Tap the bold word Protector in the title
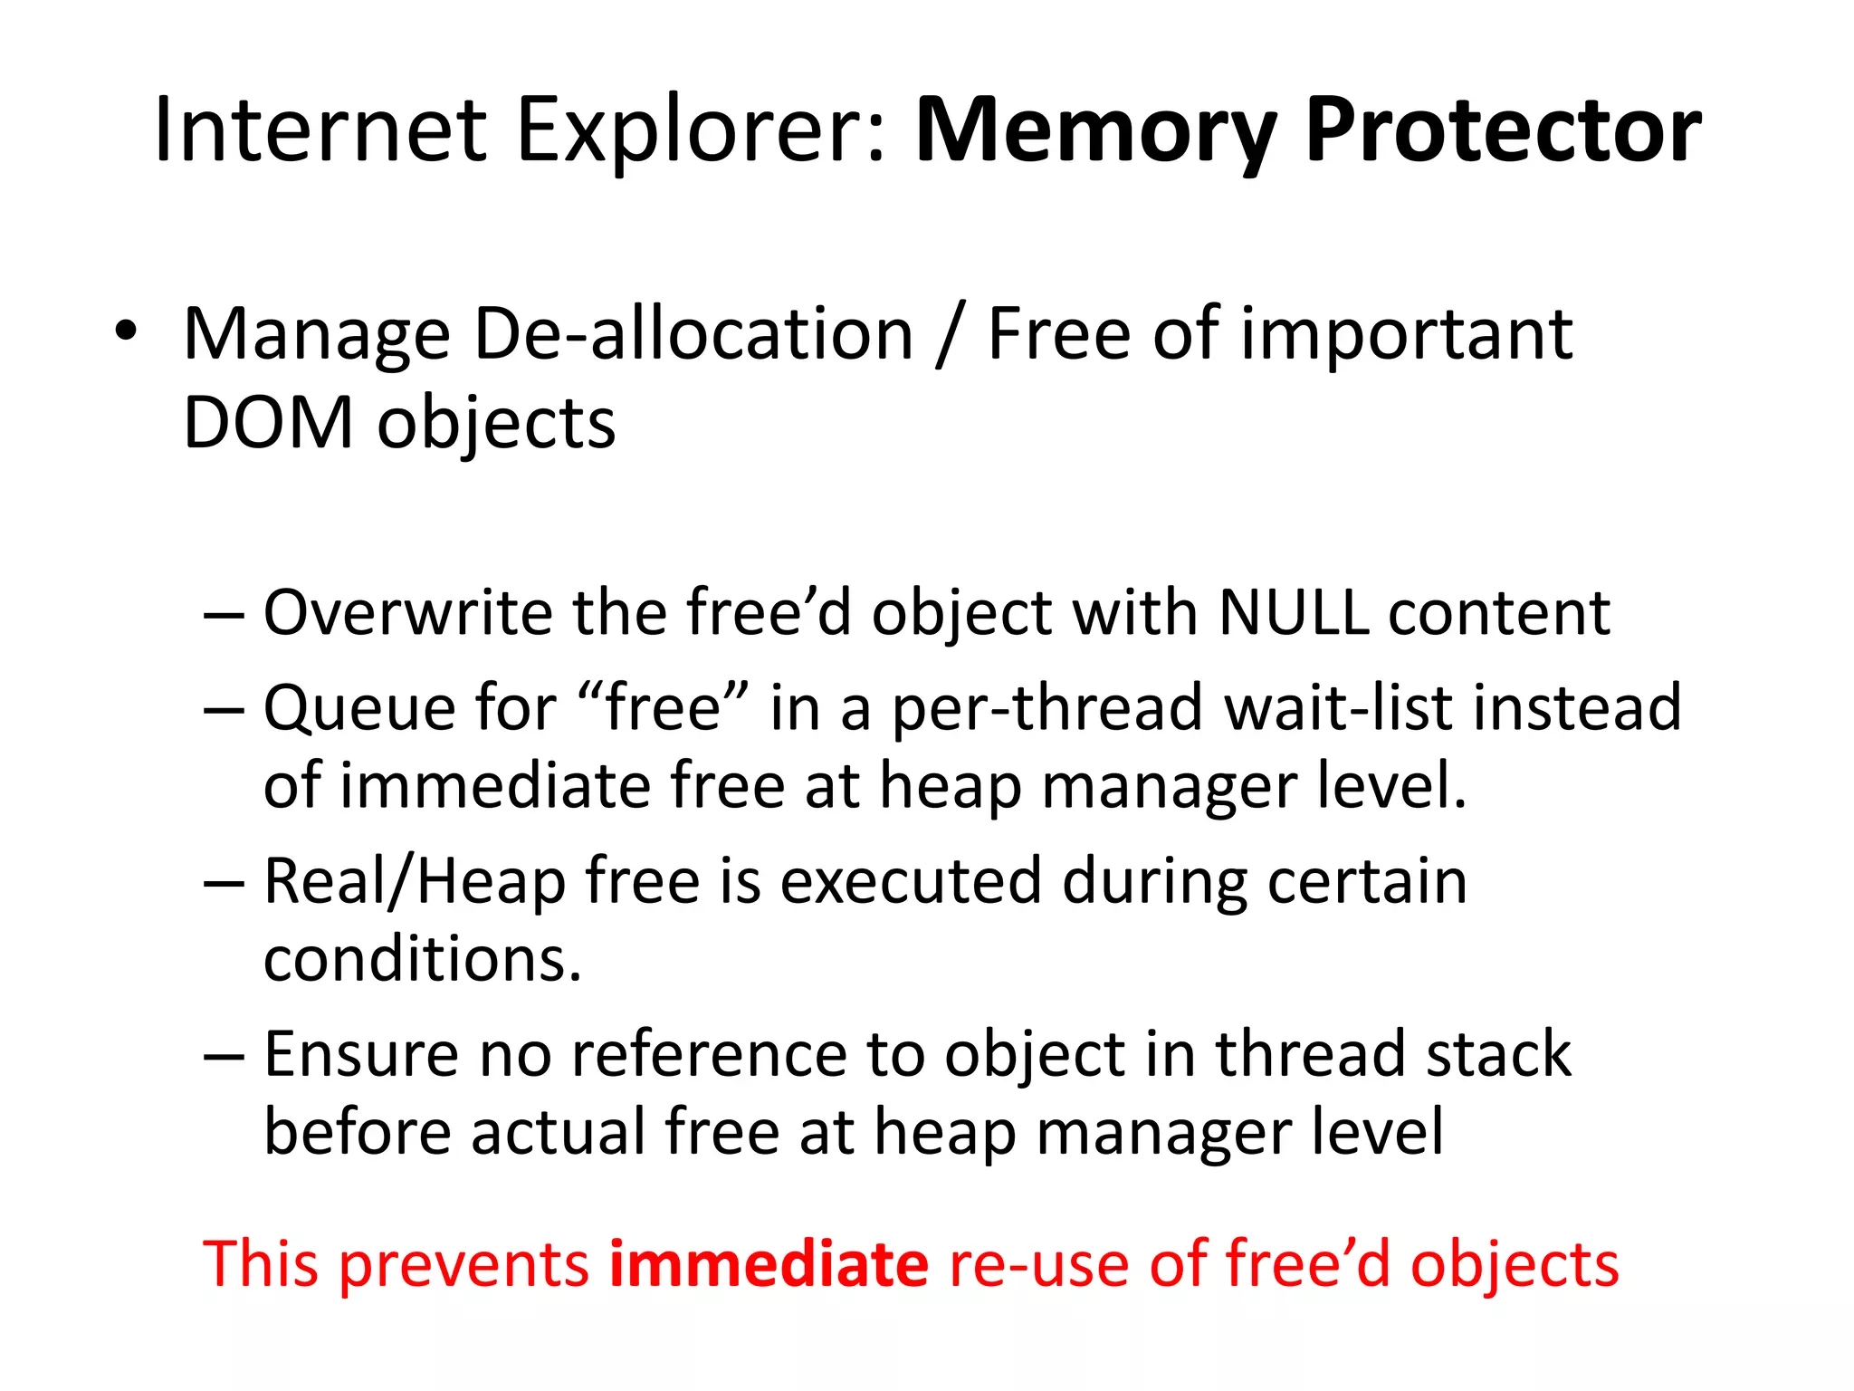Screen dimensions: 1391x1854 1503,131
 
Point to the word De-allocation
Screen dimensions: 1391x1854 693,335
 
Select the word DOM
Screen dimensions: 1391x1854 268,424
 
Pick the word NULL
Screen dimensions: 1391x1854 1293,613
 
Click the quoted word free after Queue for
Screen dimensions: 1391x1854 664,708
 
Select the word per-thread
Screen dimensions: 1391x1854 1048,708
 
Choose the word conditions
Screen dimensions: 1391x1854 422,960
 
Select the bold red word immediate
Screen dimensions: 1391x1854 769,1264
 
